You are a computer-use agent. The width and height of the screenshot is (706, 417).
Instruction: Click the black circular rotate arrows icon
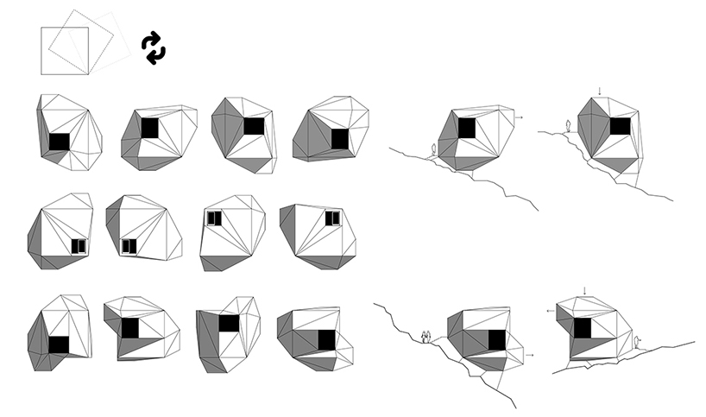(153, 47)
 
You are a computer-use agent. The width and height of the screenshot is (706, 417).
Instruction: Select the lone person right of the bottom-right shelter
(636, 343)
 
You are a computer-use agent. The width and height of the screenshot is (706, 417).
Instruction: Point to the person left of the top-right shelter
(566, 126)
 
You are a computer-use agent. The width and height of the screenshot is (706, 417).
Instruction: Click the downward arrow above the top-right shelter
(599, 91)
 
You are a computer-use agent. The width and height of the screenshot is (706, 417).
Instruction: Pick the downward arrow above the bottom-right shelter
(584, 290)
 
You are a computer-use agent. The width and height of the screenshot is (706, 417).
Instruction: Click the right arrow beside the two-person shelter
(530, 354)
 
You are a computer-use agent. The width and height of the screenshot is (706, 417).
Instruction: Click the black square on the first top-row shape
(60, 142)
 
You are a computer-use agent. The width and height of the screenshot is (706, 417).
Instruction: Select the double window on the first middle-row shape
(79, 246)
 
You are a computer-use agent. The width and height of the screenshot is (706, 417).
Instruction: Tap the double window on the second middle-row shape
(129, 246)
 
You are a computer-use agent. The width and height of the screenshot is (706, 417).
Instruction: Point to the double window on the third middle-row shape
(214, 218)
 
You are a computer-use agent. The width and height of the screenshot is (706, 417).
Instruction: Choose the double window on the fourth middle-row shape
(332, 218)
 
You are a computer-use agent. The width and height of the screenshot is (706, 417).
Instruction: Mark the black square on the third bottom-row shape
(228, 324)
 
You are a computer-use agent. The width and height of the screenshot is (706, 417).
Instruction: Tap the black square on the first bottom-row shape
(59, 344)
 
